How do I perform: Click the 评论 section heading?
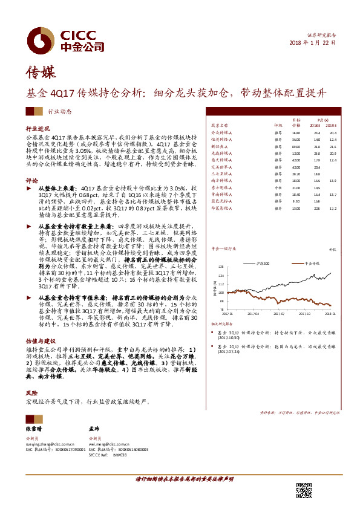pyautogui.click(x=31, y=180)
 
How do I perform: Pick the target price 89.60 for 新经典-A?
pyautogui.click(x=296, y=146)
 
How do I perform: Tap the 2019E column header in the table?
pyautogui.click(x=332, y=125)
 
